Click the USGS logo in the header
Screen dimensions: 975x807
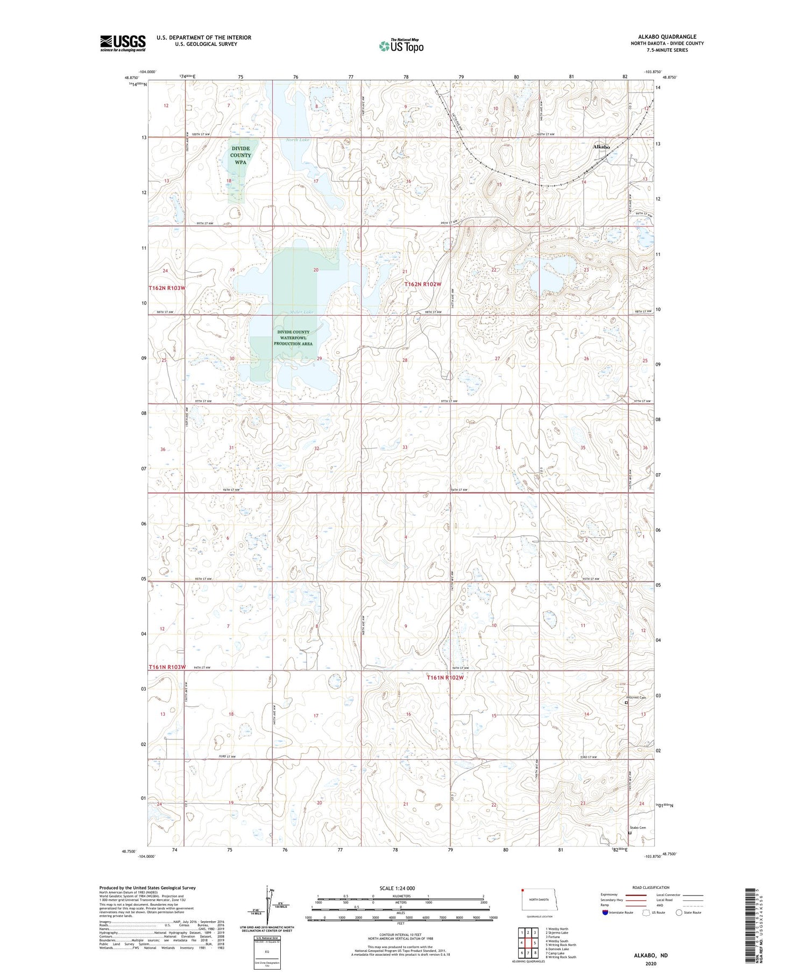(x=122, y=43)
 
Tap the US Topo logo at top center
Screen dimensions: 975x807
(x=401, y=46)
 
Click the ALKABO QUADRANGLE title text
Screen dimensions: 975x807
(x=665, y=37)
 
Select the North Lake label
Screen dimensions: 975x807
(x=298, y=140)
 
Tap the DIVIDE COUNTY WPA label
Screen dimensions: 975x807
(x=240, y=155)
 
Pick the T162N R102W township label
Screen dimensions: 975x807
(x=423, y=284)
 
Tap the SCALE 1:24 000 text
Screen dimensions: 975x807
(x=397, y=888)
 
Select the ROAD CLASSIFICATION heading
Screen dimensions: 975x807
(x=651, y=887)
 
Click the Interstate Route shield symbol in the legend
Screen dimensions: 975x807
(x=605, y=913)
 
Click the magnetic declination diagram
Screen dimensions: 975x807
(x=267, y=903)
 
